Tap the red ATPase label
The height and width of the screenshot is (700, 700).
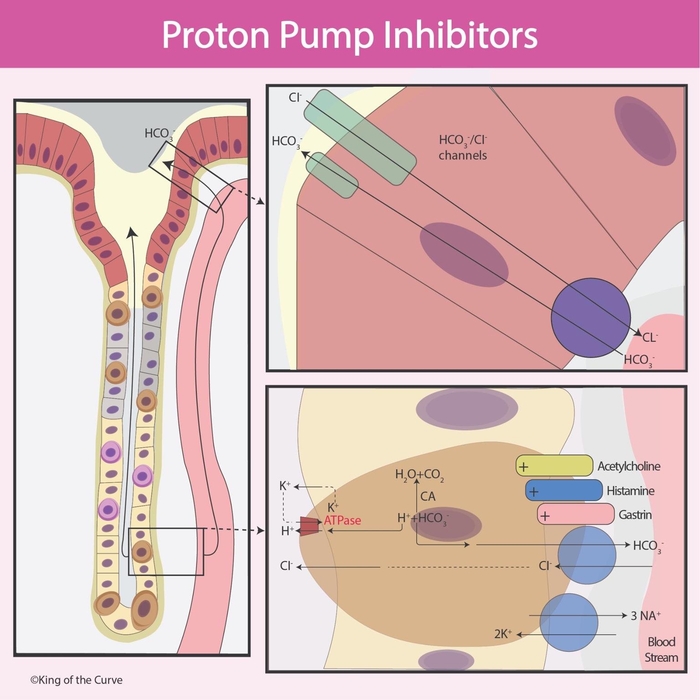pos(342,520)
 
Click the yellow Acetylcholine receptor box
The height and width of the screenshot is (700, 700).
pos(554,466)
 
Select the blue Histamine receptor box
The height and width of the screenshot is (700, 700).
pos(564,490)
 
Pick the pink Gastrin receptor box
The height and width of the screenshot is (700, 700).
pos(576,515)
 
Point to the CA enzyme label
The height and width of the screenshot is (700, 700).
pos(427,496)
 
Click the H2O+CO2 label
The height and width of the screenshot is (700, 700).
pos(419,475)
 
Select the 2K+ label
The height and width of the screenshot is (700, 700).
pos(503,634)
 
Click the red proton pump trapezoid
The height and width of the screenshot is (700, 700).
pos(309,526)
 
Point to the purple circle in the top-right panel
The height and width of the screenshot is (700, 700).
pos(591,318)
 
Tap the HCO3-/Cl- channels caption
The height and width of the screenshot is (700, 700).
pos(463,147)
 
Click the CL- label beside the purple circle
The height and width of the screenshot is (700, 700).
pos(650,338)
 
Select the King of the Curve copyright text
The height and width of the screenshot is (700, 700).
pos(77,680)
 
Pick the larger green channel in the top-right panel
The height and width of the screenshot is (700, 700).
pos(360,137)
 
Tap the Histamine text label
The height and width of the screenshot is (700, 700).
pos(630,491)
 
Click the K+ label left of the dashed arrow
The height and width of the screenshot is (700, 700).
pos(285,486)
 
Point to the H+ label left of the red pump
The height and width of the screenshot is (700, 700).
pos(287,531)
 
